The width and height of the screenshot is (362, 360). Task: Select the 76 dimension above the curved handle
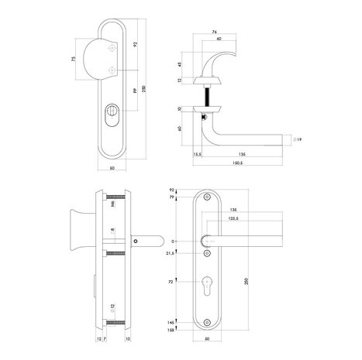[215, 33]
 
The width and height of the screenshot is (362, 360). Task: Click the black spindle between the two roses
[209, 94]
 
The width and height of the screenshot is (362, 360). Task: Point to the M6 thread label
[112, 206]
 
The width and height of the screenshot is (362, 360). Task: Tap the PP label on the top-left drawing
[135, 91]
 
